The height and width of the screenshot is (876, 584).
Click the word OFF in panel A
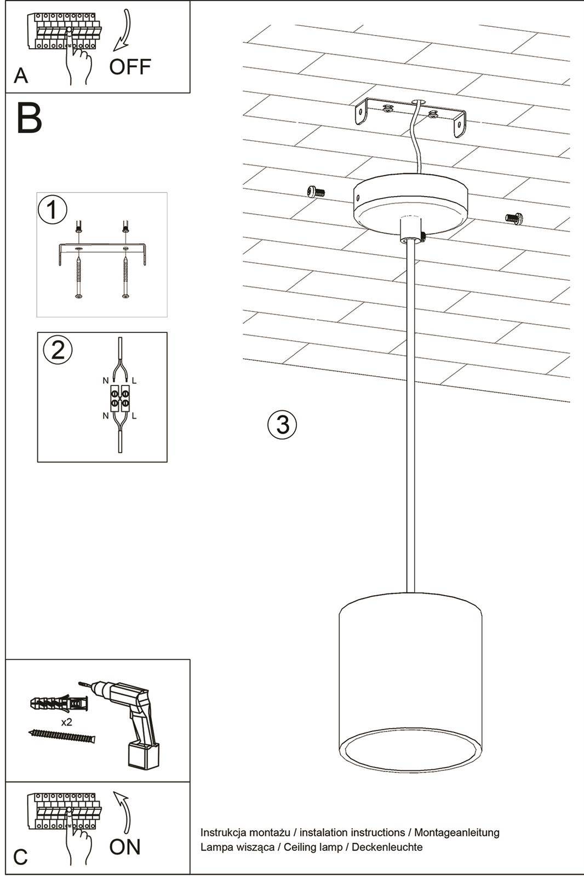[130, 67]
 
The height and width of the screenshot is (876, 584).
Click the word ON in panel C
[125, 846]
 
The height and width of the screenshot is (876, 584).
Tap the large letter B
[29, 118]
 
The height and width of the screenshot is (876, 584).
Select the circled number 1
[53, 210]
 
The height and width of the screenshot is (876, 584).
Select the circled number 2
[58, 349]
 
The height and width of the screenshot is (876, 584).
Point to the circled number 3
[282, 424]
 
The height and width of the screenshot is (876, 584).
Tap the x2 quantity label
[67, 722]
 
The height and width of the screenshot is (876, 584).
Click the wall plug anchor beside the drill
[58, 704]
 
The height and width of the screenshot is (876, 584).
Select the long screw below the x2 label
[61, 736]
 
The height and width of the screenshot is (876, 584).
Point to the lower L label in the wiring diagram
[134, 416]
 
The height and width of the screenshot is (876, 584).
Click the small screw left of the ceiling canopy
[316, 191]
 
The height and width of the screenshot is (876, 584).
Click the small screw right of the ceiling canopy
[514, 218]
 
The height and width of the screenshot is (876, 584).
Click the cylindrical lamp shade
[410, 679]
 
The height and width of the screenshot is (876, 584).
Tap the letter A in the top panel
[21, 76]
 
